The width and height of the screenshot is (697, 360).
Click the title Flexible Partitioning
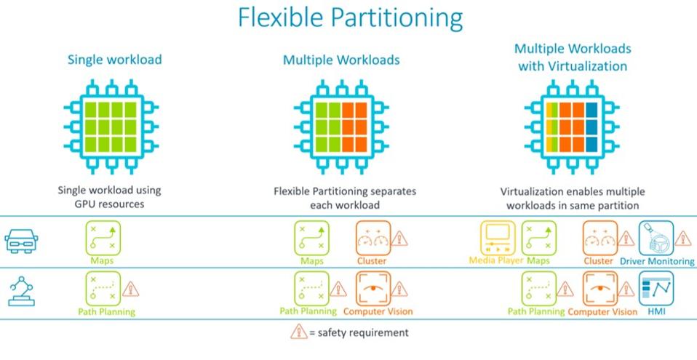348,19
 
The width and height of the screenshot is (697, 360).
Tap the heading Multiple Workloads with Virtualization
572,57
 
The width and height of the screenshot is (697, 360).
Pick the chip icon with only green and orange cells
340,119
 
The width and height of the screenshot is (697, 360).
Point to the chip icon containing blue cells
572,119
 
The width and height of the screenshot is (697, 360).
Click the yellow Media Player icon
498,238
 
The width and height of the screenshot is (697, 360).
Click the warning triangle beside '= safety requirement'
299,332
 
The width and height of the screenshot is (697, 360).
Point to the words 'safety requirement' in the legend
361,332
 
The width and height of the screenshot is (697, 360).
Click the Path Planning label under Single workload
106,312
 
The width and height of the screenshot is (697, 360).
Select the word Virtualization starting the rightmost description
529,192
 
